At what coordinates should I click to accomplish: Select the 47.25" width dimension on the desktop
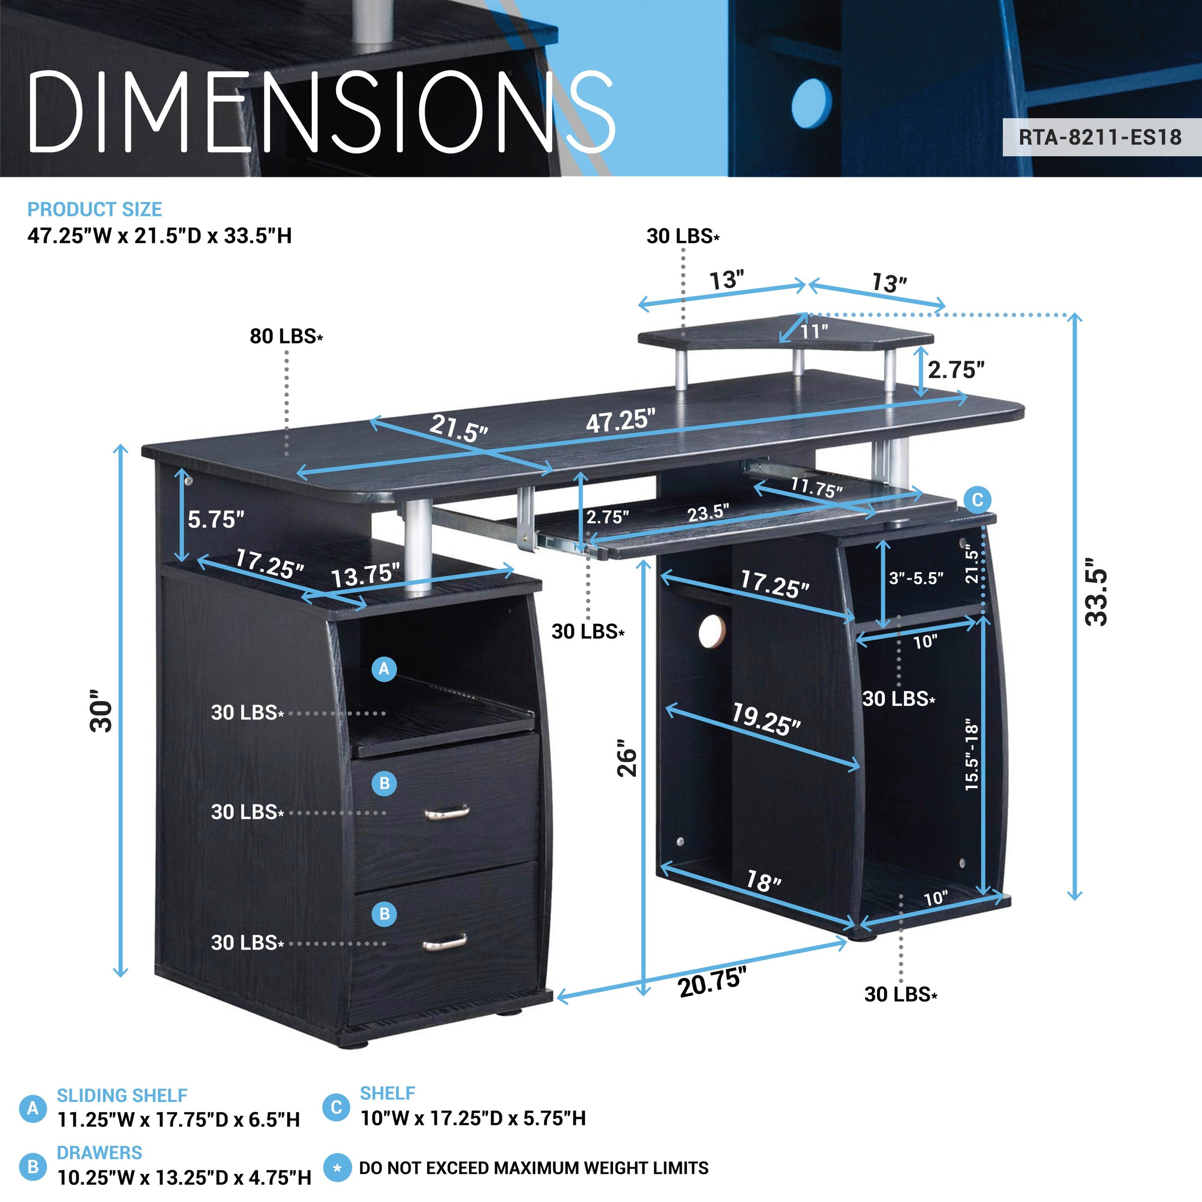click(620, 421)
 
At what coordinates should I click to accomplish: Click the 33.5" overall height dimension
click(1096, 597)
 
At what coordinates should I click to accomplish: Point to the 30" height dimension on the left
click(101, 710)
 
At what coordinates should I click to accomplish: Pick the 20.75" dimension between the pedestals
click(711, 982)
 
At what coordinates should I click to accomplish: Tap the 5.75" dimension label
click(216, 519)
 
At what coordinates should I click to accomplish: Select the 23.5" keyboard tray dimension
click(708, 513)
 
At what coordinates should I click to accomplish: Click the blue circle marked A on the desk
click(384, 669)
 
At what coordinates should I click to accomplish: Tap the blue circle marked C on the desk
click(977, 500)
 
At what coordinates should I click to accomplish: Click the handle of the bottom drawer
click(445, 943)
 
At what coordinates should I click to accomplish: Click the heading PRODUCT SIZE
click(94, 209)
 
